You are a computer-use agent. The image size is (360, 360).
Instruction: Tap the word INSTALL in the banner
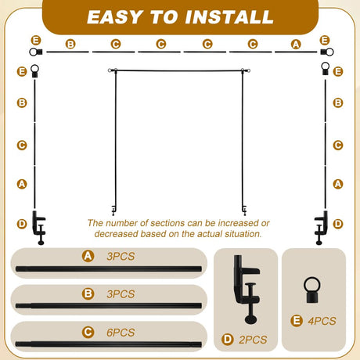point(229,17)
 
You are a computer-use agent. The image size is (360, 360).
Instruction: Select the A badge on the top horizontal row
point(296,44)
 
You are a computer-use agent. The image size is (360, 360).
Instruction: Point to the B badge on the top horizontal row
point(70,44)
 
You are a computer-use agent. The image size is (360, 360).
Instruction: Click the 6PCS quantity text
point(121,333)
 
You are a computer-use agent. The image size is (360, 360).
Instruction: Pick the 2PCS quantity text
point(253,340)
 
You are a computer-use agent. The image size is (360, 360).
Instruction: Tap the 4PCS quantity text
point(322,321)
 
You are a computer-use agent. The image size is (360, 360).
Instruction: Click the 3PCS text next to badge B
point(121,294)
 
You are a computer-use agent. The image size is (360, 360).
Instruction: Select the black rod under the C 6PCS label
point(109,344)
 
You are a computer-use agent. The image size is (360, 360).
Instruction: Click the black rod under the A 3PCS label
point(109,268)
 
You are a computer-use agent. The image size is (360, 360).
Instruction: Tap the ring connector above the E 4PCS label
point(312,290)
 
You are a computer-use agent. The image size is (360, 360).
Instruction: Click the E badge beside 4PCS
point(297,321)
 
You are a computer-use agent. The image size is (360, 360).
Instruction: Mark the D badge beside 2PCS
point(228,340)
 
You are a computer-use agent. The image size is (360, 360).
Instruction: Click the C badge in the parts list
point(88,333)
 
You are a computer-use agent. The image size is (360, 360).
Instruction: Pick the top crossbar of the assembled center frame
point(179,70)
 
